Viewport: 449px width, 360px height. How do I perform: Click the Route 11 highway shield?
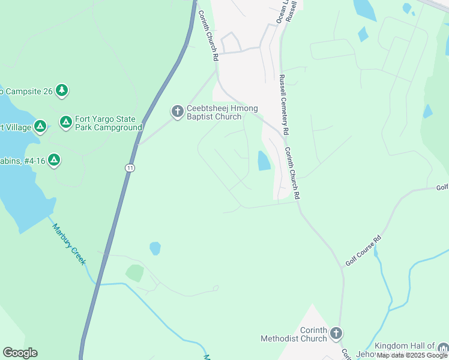[130, 168]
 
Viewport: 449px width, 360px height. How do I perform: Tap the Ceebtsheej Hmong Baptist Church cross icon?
[177, 112]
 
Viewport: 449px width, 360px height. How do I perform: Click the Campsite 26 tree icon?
[61, 91]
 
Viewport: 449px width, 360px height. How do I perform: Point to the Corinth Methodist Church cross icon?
[336, 333]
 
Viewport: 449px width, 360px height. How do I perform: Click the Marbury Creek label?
[68, 244]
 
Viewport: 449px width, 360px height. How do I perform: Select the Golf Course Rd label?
[363, 251]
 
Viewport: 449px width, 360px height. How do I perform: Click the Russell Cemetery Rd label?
[285, 104]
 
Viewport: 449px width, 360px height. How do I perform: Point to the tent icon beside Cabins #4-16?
[53, 160]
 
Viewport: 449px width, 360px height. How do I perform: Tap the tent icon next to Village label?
[40, 126]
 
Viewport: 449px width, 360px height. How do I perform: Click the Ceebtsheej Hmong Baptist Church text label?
[222, 112]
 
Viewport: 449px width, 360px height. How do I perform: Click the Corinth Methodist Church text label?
[294, 334]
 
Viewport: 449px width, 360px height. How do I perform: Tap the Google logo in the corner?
[20, 353]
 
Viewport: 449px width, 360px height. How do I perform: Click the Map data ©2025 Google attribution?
[412, 355]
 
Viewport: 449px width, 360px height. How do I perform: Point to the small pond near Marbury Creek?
[155, 248]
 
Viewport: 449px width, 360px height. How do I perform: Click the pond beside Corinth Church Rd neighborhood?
[264, 161]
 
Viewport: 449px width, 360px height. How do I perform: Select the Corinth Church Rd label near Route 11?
[207, 37]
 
